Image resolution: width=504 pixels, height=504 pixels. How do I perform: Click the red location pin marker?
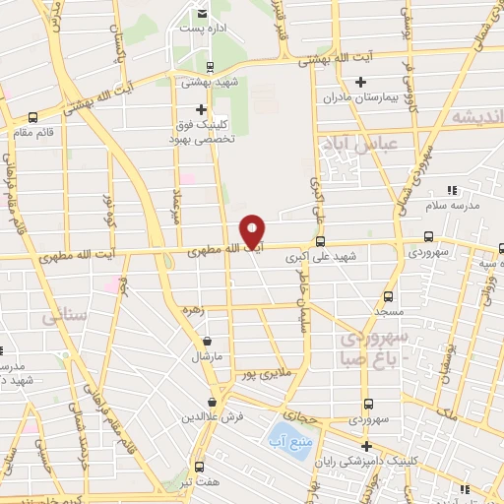coord(253,231)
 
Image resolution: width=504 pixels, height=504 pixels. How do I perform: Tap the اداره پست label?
coord(201,29)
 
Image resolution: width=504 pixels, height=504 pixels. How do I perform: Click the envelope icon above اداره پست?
coord(202,13)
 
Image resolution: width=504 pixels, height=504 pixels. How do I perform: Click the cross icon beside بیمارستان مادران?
coord(404,81)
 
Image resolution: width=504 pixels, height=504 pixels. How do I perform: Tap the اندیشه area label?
coord(477,117)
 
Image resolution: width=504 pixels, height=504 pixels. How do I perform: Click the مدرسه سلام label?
coord(452,204)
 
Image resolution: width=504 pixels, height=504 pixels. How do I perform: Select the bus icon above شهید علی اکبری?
coord(320,240)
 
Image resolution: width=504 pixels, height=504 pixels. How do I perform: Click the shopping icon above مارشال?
coord(206,341)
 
